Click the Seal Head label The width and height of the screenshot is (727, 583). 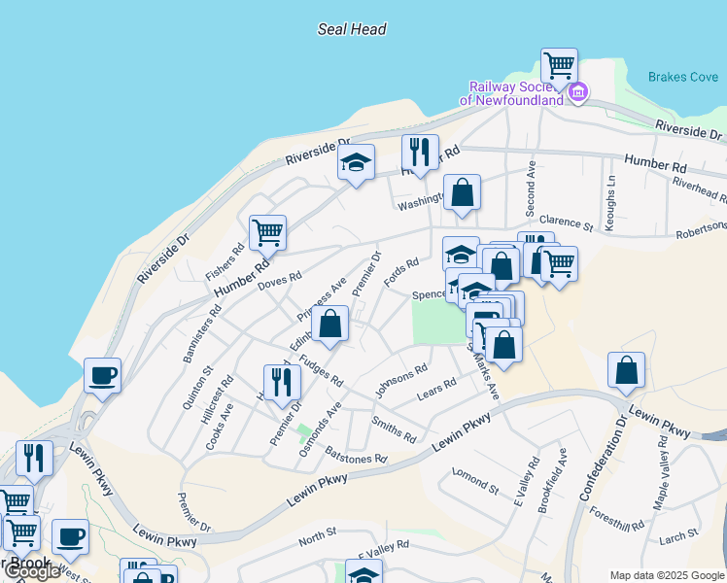pos(352,29)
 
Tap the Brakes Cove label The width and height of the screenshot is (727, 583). pos(683,77)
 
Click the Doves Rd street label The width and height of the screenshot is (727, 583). pos(280,280)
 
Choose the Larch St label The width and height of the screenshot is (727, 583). pos(679,535)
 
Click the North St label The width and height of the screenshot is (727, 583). pos(317,533)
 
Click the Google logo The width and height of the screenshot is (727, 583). pos(32,571)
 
